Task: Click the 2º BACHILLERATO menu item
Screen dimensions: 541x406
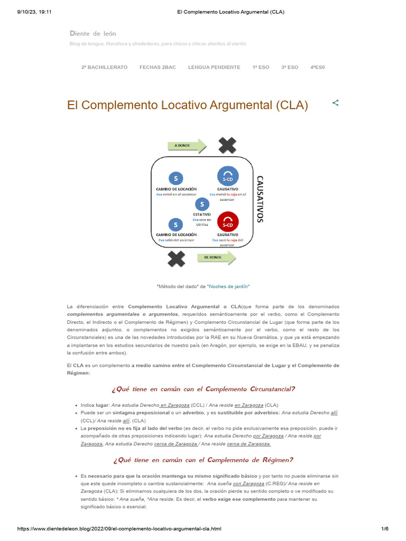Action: pyautogui.click(x=104, y=67)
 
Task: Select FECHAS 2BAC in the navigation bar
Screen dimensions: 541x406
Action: pyautogui.click(x=158, y=67)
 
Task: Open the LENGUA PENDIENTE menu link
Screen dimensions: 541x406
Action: pyautogui.click(x=214, y=67)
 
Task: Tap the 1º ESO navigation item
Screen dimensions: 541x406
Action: pyautogui.click(x=261, y=67)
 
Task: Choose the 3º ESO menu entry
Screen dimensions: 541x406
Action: pyautogui.click(x=290, y=67)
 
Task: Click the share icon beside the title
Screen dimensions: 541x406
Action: pyautogui.click(x=335, y=103)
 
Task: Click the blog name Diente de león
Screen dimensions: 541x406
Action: pyautogui.click(x=93, y=33)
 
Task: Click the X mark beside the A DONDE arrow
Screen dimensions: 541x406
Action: pyautogui.click(x=227, y=145)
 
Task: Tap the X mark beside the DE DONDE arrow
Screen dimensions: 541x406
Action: pyautogui.click(x=176, y=258)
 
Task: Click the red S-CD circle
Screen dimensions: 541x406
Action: pyautogui.click(x=227, y=221)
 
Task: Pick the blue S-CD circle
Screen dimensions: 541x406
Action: pyautogui.click(x=227, y=176)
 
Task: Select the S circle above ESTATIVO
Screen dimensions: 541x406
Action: pyautogui.click(x=201, y=204)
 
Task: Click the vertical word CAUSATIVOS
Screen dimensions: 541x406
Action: pyautogui.click(x=259, y=199)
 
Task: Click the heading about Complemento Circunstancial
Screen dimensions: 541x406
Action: pyautogui.click(x=203, y=389)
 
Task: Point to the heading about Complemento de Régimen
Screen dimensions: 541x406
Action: pyautogui.click(x=203, y=460)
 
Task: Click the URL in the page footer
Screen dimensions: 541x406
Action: pyautogui.click(x=119, y=528)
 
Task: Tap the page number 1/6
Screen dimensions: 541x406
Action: pyautogui.click(x=384, y=528)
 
